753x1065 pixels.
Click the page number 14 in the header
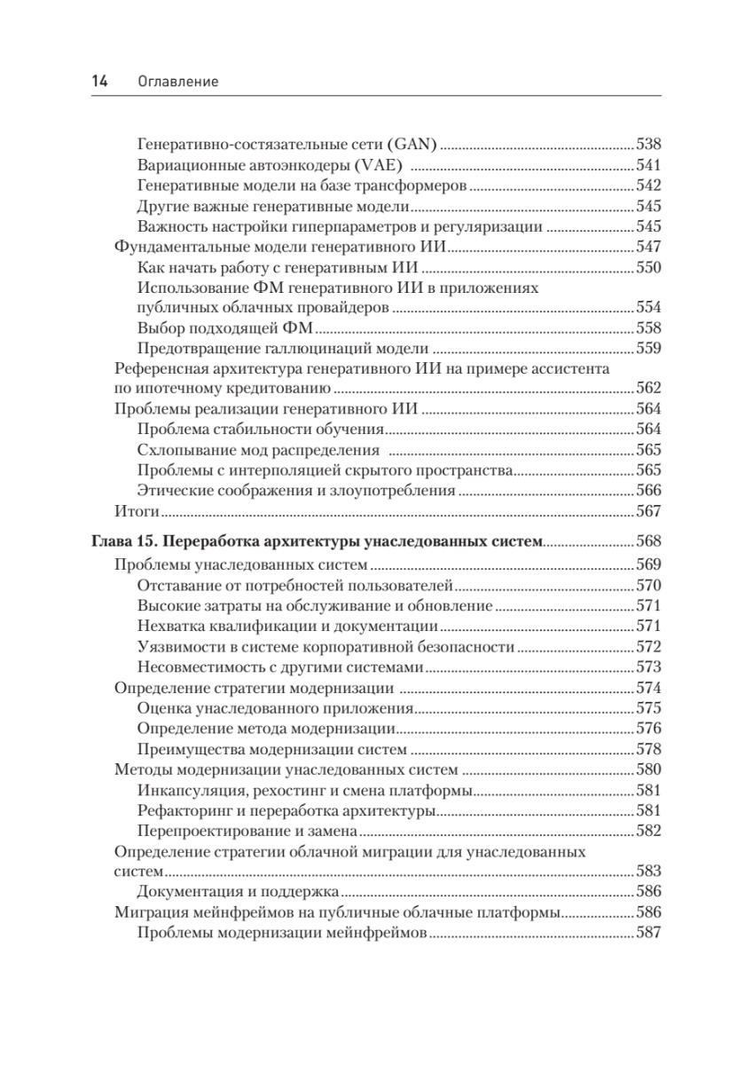(x=99, y=82)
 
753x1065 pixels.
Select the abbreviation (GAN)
(x=412, y=143)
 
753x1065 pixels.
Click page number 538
(x=649, y=143)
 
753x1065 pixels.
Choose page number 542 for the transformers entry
(x=649, y=185)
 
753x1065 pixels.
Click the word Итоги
(x=137, y=511)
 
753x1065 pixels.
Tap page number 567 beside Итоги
(x=649, y=511)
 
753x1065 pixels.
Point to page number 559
(x=649, y=348)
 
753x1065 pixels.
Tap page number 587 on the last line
(x=649, y=933)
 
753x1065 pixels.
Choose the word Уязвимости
(x=176, y=646)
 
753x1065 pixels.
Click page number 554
(x=649, y=307)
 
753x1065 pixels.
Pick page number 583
(x=649, y=872)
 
